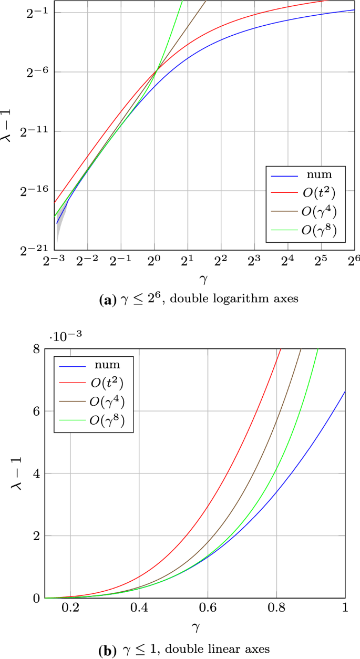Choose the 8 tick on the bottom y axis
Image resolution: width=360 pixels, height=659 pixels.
(36, 348)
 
